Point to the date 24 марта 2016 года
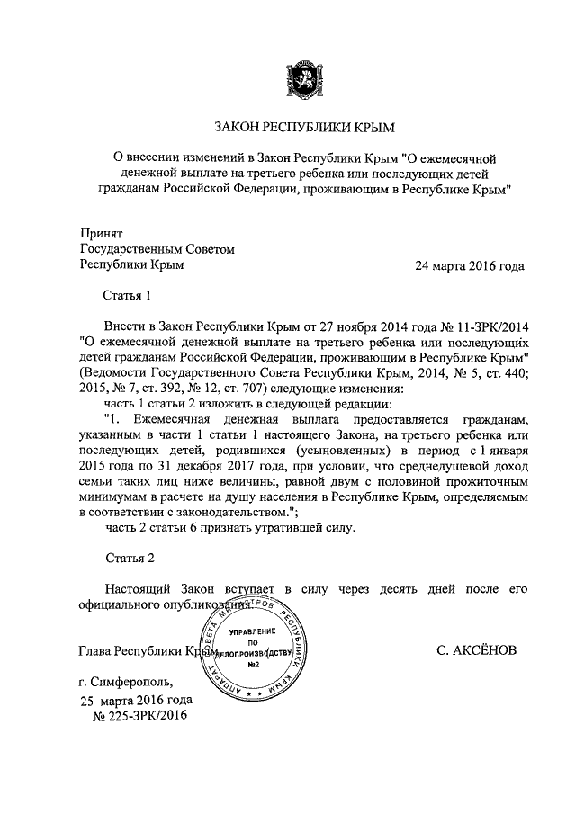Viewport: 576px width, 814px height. coord(469,266)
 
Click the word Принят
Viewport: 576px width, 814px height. coord(102,232)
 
